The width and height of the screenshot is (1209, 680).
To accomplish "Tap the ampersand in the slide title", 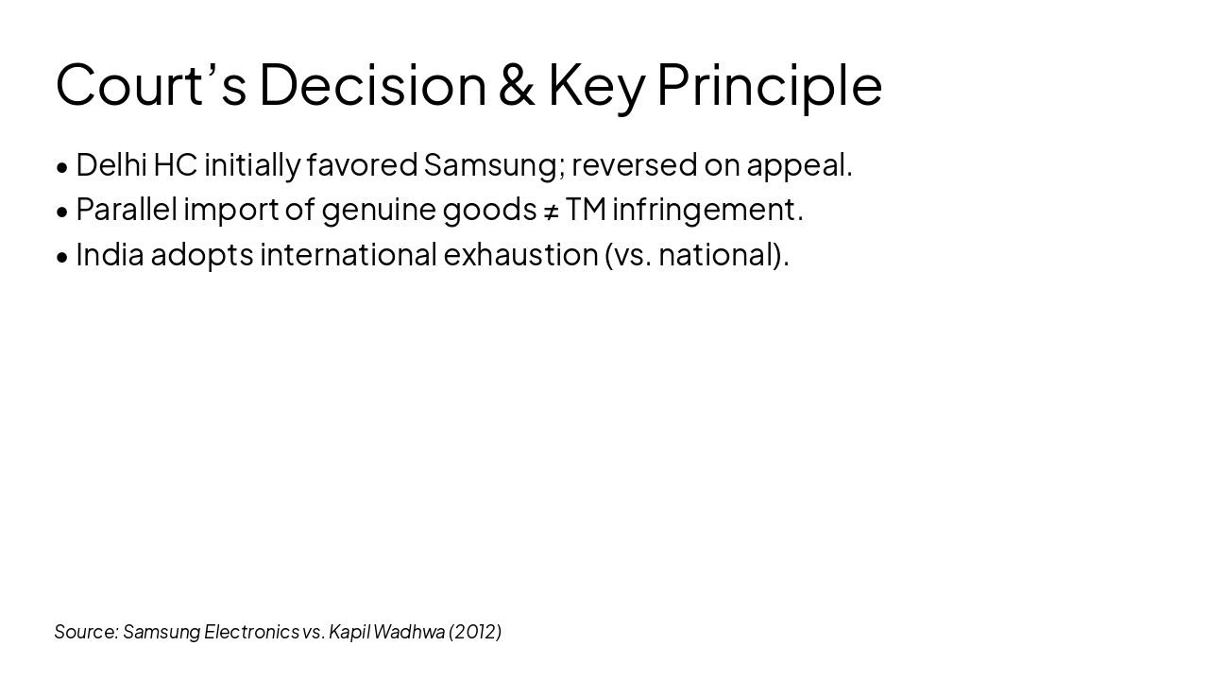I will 516,84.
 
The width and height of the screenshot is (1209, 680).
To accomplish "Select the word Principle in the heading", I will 769,84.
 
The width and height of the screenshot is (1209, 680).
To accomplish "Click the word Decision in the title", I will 372,84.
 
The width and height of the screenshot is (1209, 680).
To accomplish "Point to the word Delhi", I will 111,164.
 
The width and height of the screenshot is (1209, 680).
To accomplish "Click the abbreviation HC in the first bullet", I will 175,164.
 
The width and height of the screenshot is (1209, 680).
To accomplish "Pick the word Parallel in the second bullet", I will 126,209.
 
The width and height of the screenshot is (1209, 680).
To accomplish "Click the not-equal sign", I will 551,210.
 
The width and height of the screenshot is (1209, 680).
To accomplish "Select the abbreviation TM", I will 586,209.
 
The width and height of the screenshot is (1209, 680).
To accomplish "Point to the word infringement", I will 707,209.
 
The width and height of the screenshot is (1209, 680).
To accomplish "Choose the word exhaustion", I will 520,254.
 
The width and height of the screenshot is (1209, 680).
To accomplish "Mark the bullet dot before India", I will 62,256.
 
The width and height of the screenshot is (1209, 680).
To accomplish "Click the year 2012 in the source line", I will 475,632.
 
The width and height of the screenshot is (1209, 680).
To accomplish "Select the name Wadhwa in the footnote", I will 409,632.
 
